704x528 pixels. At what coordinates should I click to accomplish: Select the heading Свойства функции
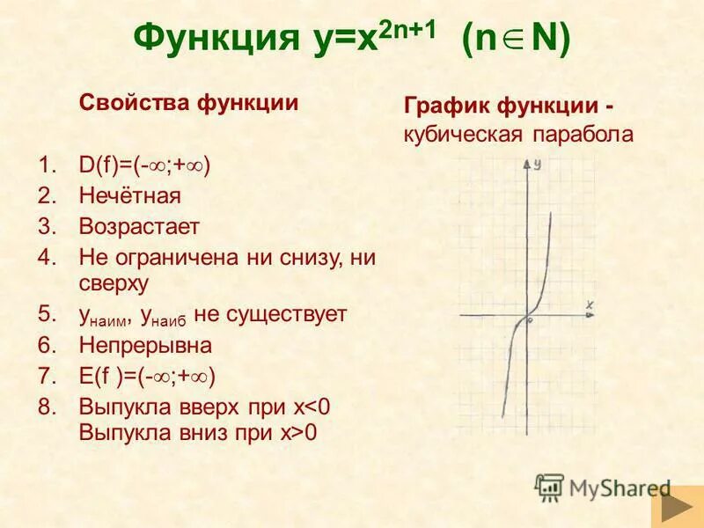tap(189, 101)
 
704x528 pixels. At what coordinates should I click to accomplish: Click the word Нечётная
tap(129, 195)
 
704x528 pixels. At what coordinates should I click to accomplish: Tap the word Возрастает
tap(139, 226)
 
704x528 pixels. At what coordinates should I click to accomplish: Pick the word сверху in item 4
tap(114, 282)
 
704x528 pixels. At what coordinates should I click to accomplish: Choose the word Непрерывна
tap(145, 345)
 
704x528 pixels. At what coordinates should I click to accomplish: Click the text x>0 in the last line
tap(298, 432)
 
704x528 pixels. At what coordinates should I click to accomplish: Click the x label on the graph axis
tap(590, 304)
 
